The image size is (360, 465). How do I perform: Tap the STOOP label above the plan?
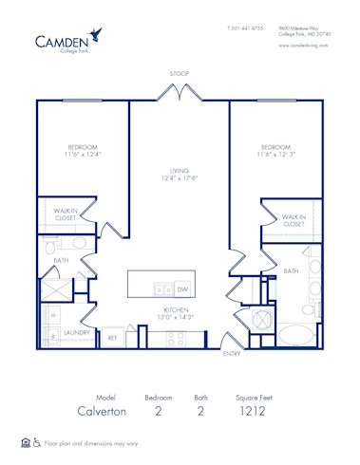(180, 72)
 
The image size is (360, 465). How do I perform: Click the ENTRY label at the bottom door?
(232, 354)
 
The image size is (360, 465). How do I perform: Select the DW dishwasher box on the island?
(181, 289)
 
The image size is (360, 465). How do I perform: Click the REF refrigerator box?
(112, 337)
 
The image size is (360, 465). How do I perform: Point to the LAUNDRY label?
(77, 333)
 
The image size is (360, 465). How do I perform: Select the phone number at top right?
(244, 28)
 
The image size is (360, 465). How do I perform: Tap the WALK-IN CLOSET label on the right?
(293, 221)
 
